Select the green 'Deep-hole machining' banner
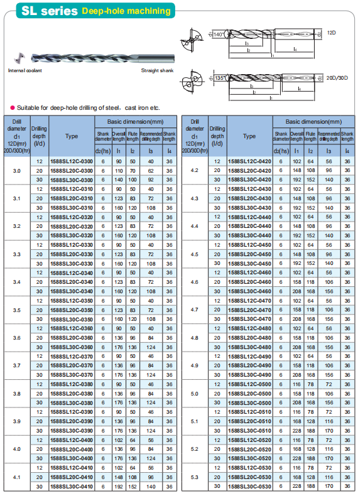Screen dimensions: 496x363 (x=126, y=11)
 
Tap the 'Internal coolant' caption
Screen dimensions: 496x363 (x=24, y=71)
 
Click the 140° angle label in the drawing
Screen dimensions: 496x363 (x=218, y=33)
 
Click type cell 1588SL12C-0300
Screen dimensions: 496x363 (x=71, y=161)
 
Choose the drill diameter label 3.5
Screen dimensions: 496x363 (x=16, y=310)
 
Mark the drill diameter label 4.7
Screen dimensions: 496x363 (x=194, y=310)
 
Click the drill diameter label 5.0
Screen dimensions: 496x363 (x=194, y=393)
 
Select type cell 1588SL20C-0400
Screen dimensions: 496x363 (x=71, y=449)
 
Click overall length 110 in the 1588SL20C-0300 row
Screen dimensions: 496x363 (x=119, y=171)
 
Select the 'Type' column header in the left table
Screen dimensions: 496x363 (x=71, y=136)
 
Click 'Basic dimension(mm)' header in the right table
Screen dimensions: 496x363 (x=313, y=121)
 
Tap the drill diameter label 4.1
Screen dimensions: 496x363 (x=16, y=477)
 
